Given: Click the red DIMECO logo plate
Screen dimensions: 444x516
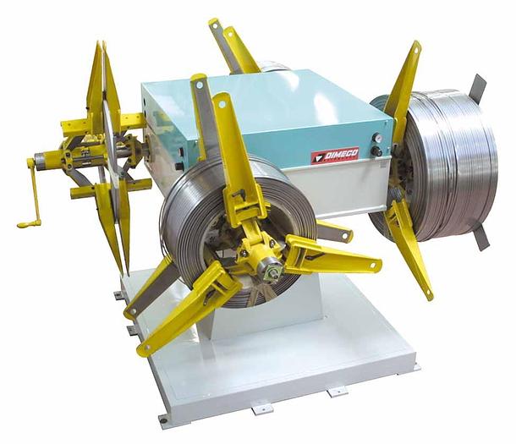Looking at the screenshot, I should [x=335, y=155].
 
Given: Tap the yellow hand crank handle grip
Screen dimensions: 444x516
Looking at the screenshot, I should [x=28, y=223].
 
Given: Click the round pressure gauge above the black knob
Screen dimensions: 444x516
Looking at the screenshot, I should [x=376, y=138].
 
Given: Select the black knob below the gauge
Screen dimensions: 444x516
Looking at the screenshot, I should [x=376, y=151].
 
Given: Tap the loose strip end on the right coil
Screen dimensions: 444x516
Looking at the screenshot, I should [x=479, y=88].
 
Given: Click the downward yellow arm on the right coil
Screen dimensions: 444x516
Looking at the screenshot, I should [x=409, y=249].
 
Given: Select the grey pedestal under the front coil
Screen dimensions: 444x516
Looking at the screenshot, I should [x=279, y=313].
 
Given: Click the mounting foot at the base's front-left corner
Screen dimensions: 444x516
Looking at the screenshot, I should [x=162, y=419].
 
